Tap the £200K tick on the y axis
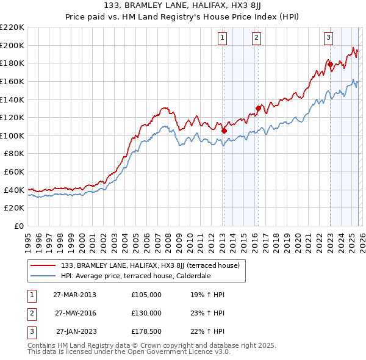tap(12, 45)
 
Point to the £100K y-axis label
tap(12, 135)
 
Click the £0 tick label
tap(20, 226)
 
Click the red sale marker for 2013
tap(224, 130)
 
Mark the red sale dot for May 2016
tap(258, 108)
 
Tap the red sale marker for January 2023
tap(330, 64)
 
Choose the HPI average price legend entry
tap(135, 276)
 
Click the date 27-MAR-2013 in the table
tap(74, 295)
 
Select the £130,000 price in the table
tap(146, 313)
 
